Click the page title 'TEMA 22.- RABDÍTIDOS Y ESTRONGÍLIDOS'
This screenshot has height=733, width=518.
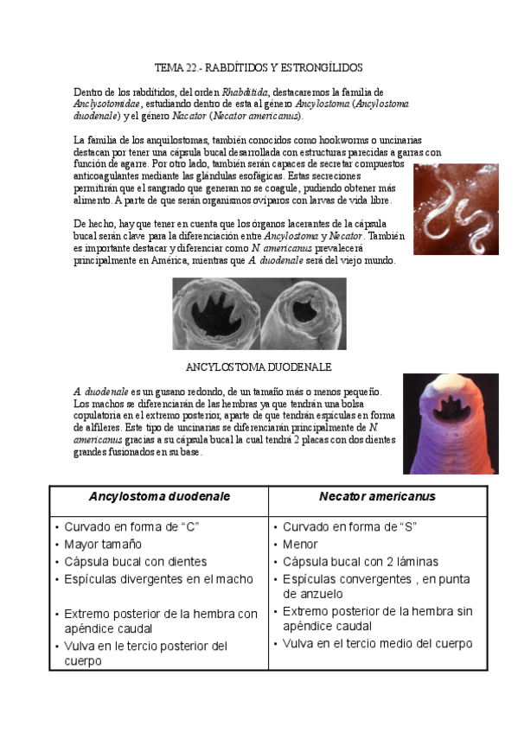pyautogui.click(x=259, y=67)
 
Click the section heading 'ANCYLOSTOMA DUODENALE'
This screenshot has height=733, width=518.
pyautogui.click(x=259, y=366)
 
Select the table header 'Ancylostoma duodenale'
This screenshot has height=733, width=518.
pyautogui.click(x=159, y=497)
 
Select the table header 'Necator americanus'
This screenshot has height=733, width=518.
pyautogui.click(x=377, y=497)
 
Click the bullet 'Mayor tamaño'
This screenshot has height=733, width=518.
pyautogui.click(x=103, y=545)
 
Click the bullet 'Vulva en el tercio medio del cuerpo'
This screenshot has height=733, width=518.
pyautogui.click(x=377, y=644)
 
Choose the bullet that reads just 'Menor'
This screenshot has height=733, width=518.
pyautogui.click(x=300, y=545)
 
